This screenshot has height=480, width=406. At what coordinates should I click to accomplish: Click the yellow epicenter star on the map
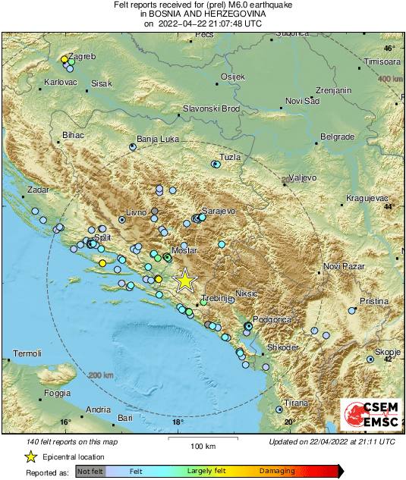tap(184, 281)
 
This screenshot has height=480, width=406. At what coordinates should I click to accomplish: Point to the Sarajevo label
tap(220, 211)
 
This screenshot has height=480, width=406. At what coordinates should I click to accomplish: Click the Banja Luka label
tap(157, 140)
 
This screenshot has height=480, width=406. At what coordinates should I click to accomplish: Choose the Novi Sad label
tap(302, 101)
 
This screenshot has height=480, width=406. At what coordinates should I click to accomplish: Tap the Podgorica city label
tap(272, 320)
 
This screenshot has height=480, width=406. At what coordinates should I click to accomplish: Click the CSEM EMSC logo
tap(371, 416)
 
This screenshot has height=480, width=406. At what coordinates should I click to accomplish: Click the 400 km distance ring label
tap(390, 79)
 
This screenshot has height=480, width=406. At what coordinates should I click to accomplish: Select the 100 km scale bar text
tap(202, 445)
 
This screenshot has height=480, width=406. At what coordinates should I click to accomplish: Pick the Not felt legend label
tap(90, 470)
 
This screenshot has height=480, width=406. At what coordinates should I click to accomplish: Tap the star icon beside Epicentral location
tap(30, 456)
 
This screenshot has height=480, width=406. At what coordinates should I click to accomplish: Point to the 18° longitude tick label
tap(178, 422)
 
